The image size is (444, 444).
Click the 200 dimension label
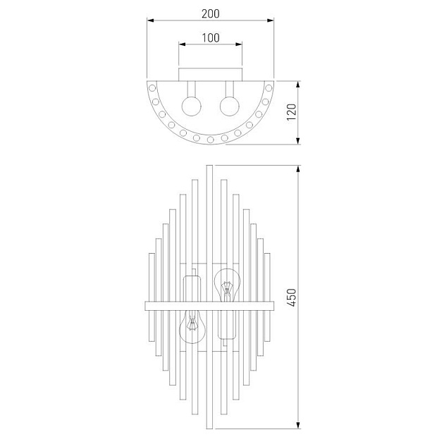pos(211,13)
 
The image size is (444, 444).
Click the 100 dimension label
pos(211,37)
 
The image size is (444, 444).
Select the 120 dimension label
pos(292,112)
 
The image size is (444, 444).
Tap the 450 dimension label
pos(292,297)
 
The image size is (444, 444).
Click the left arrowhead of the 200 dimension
pos(150,20)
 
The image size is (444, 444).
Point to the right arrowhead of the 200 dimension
pos(271,20)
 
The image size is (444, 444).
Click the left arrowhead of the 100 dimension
pos(182,44)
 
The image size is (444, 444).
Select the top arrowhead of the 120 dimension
pos(297,85)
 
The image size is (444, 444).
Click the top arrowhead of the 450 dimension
pos(297,168)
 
